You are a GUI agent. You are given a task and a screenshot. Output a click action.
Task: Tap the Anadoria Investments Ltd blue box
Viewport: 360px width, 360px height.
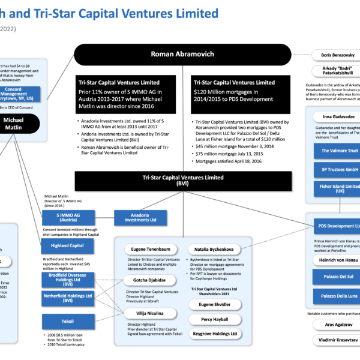click(x=140, y=217)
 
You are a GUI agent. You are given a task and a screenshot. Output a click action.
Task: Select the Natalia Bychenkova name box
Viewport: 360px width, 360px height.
click(x=214, y=249)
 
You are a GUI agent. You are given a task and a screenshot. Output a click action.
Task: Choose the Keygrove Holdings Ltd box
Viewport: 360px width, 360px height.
click(x=214, y=334)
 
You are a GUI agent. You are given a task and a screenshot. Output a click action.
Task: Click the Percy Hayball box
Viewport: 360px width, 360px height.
click(x=214, y=319)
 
